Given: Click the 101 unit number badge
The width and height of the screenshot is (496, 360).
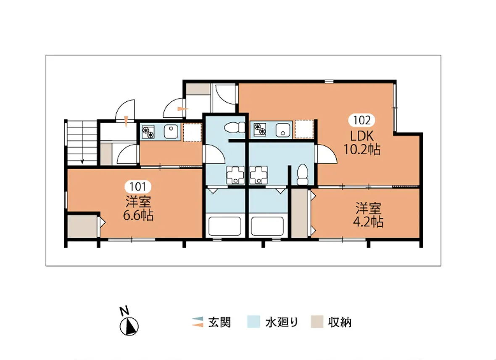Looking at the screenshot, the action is coord(138,186).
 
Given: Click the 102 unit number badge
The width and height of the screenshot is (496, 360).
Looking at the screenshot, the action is coord(361,120).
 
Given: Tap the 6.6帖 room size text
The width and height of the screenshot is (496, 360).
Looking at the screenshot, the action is coord(138,216).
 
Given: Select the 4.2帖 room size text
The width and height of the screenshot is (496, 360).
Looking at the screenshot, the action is coord(368,222).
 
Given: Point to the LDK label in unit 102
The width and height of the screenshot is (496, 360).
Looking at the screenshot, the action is coord(362,136).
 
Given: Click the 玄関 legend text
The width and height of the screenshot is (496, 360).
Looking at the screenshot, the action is coord(219,322).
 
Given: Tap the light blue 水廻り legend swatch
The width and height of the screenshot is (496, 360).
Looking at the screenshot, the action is coord(253,322).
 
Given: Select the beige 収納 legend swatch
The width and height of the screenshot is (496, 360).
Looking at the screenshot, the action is coord(317,322).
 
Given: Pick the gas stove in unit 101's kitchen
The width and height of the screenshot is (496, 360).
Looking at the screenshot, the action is coord(148,132).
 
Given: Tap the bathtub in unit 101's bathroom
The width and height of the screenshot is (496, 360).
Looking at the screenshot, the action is coord(224,226).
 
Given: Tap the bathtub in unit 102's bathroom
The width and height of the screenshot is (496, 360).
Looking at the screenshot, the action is coord(267,226).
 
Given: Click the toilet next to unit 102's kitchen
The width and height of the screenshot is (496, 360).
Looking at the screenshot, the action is coord(235,127).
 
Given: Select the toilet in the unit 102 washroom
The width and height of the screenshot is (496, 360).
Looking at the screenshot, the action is coord(303,175).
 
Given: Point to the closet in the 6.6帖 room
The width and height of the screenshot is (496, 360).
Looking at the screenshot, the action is coord(83,226).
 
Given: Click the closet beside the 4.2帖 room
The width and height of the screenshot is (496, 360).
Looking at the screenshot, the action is coord(299,213).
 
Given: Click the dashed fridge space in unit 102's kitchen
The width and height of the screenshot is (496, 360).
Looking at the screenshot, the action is coord(304,129).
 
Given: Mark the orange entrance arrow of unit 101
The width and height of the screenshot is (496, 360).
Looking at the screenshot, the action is coord(126,122).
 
